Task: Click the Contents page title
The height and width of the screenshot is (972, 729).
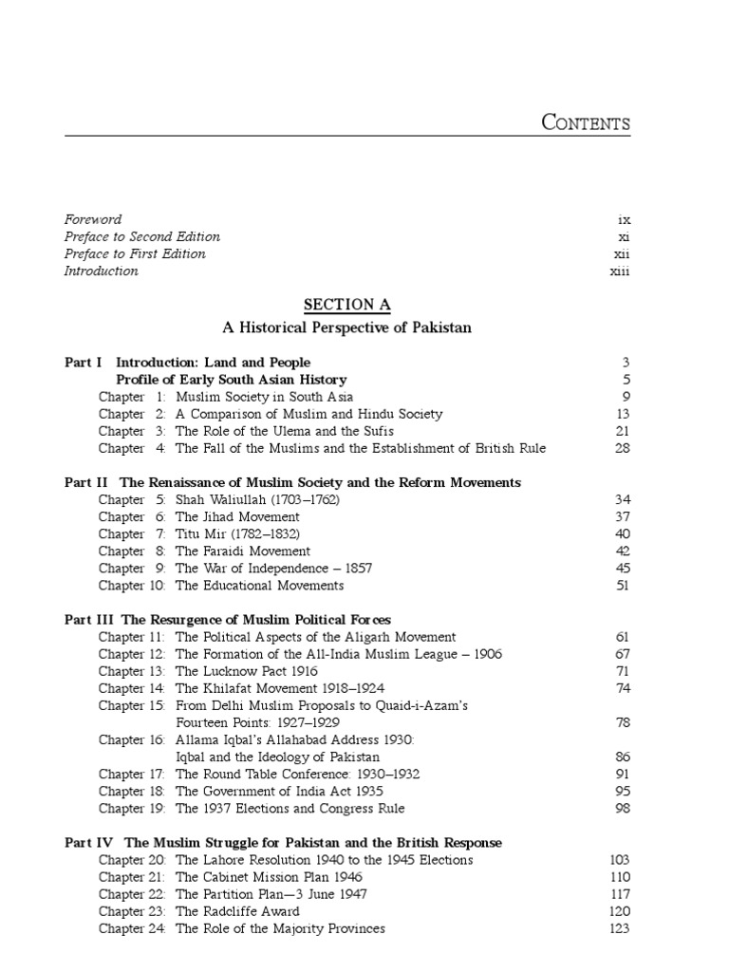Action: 585,122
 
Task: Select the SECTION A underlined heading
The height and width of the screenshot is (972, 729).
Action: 346,305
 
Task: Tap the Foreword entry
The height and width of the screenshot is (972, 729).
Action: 93,219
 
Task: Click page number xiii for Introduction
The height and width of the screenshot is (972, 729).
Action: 620,271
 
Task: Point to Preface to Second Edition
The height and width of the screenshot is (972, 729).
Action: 142,236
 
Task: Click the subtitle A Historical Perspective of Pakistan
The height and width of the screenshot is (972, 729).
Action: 346,327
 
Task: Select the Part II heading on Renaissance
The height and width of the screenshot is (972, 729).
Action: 292,482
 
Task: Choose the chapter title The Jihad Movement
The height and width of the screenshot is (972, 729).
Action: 237,516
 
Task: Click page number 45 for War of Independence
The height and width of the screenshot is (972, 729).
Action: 623,568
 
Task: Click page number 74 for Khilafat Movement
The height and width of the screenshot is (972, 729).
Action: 623,688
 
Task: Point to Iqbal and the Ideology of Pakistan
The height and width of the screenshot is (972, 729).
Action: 277,757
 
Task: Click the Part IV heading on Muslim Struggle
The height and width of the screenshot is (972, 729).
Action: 283,842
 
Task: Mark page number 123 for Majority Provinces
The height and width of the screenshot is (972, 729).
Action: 620,928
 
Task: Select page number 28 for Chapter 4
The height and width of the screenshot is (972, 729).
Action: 623,448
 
